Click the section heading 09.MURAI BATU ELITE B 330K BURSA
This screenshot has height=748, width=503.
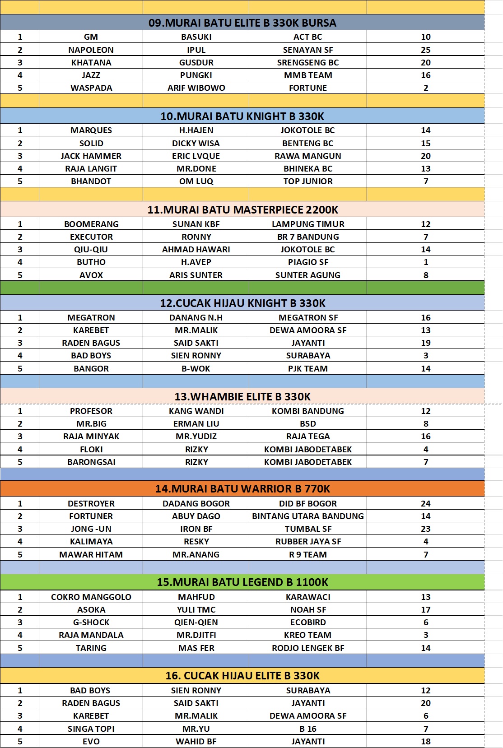[x=242, y=23]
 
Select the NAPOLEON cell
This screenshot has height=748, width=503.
[x=91, y=50]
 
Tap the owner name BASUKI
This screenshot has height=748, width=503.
[x=196, y=37]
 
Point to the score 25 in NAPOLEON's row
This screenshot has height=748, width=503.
[x=425, y=50]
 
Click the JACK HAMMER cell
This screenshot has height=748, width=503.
[x=91, y=156]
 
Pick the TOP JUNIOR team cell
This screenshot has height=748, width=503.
[x=307, y=181]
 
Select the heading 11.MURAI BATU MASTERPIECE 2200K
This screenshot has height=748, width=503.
[x=242, y=210]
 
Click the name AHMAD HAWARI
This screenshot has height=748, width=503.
[x=196, y=250]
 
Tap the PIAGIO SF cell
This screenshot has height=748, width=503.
[x=307, y=262]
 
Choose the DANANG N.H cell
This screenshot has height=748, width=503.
[x=196, y=318]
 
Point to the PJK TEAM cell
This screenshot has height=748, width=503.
[x=307, y=369]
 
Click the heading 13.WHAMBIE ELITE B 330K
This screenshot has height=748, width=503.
[x=242, y=397]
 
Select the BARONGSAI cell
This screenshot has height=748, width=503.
[x=91, y=462]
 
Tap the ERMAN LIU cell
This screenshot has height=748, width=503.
[x=196, y=424]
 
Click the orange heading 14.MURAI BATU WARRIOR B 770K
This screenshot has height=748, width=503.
[x=242, y=489]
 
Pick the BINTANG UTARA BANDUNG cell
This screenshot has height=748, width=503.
[x=307, y=516]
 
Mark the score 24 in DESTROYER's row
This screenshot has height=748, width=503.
[x=425, y=504]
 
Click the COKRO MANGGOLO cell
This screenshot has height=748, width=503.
[x=91, y=597]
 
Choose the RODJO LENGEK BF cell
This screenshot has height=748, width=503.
[x=307, y=648]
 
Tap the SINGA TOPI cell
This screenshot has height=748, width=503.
[x=91, y=729]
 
